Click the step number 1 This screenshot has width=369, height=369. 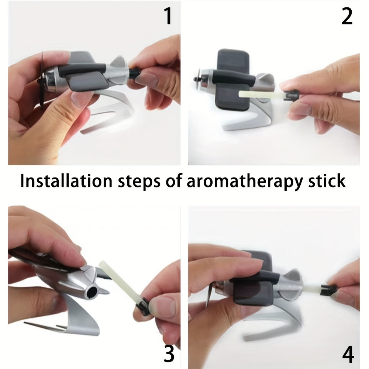(168, 16)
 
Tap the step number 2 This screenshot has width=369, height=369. (347, 16)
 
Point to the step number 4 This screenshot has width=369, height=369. (348, 354)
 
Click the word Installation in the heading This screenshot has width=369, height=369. (66, 181)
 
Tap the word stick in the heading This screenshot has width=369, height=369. (327, 181)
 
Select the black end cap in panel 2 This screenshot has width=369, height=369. (292, 95)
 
